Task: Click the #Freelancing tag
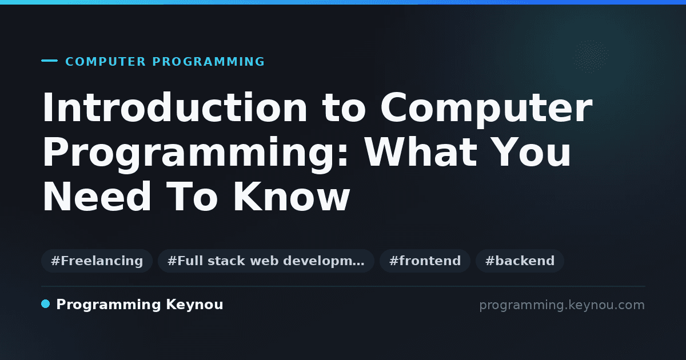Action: click(97, 261)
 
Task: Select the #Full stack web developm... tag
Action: click(266, 261)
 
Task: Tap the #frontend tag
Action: click(425, 261)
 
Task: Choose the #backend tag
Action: click(520, 261)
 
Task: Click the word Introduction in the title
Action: click(174, 108)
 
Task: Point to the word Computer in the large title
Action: click(486, 110)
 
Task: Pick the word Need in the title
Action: click(97, 197)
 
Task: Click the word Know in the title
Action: click(292, 197)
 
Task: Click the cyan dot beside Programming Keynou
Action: click(45, 304)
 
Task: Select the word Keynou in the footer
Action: click(194, 305)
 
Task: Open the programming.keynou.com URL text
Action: click(562, 305)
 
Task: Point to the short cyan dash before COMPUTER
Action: click(49, 61)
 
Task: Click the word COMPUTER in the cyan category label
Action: click(106, 62)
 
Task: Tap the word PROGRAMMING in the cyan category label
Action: click(208, 62)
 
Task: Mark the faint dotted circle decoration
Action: click(590, 57)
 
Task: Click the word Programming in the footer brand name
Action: click(109, 305)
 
